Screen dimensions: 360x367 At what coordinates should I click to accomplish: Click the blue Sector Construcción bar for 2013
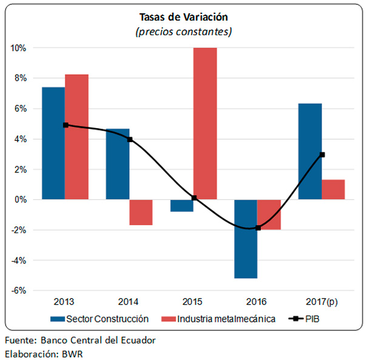point(53,143)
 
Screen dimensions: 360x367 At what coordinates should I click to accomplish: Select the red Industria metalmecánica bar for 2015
point(205,123)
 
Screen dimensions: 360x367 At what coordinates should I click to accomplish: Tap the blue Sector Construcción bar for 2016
point(246,239)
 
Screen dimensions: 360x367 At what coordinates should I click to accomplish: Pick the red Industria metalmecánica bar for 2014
point(141,212)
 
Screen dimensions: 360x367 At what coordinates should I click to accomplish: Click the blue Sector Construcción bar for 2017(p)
point(311,151)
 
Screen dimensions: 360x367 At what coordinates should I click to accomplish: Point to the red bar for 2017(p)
point(333,189)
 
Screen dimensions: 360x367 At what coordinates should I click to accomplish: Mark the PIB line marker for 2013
point(66,125)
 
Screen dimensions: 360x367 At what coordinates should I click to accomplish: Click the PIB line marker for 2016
point(258,228)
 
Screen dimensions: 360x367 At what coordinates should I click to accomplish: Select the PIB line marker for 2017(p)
point(322,154)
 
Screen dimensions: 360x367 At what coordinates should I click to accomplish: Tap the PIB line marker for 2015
point(194,198)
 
